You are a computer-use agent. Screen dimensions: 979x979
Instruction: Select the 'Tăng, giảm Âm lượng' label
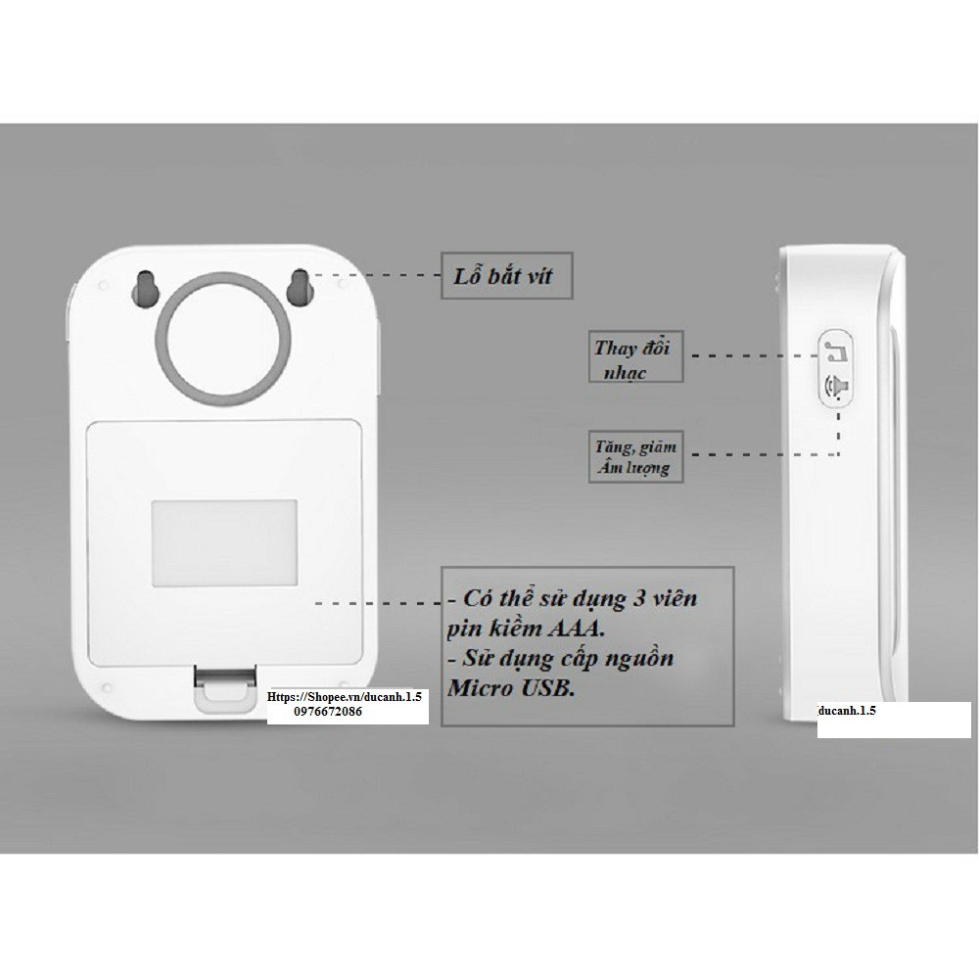click(x=634, y=457)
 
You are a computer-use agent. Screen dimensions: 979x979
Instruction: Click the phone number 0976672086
click(x=327, y=715)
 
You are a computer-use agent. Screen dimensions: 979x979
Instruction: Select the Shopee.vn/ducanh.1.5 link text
click(x=347, y=698)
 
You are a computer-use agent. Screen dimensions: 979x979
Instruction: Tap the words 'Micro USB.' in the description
click(x=511, y=689)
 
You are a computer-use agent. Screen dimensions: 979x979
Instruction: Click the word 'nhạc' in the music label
click(x=626, y=373)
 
